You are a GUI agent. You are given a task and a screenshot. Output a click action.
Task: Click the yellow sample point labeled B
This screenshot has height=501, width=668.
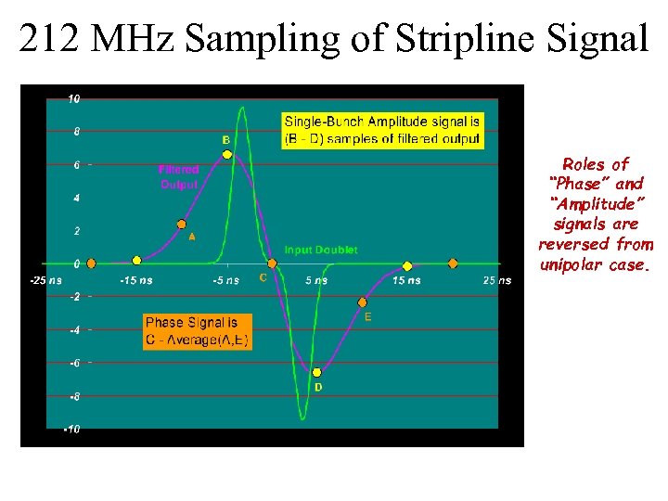pyautogui.click(x=227, y=154)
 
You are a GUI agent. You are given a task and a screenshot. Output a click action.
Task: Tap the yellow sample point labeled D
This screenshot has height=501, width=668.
pyautogui.click(x=316, y=372)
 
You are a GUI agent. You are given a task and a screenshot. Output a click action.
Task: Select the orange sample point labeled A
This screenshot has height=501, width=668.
pyautogui.click(x=182, y=224)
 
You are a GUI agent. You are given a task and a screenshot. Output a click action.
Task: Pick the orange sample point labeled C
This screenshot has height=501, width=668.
pyautogui.click(x=272, y=263)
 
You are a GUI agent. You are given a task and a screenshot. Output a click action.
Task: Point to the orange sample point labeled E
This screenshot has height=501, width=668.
pyautogui.click(x=362, y=302)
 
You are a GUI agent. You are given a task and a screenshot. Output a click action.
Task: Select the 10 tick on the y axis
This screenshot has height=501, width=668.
pyautogui.click(x=73, y=98)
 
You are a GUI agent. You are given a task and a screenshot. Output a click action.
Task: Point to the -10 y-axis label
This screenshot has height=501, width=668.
pyautogui.click(x=71, y=429)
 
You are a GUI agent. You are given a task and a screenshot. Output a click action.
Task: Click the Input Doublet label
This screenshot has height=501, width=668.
pyautogui.click(x=320, y=250)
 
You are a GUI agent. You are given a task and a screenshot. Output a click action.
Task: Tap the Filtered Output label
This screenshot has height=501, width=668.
pyautogui.click(x=179, y=177)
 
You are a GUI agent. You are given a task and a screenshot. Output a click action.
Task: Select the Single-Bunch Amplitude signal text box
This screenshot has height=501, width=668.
pyautogui.click(x=382, y=130)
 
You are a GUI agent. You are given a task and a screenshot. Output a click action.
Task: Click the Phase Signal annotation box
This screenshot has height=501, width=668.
pyautogui.click(x=197, y=331)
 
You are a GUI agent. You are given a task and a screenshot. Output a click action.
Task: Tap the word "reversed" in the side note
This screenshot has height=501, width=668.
pyautogui.click(x=569, y=245)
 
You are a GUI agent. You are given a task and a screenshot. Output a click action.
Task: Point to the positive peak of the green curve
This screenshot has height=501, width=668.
pyautogui.click(x=243, y=108)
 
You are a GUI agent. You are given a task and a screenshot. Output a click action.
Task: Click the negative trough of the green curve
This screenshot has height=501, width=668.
pyautogui.click(x=302, y=418)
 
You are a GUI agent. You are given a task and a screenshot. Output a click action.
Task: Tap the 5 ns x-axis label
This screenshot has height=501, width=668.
pyautogui.click(x=316, y=280)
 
